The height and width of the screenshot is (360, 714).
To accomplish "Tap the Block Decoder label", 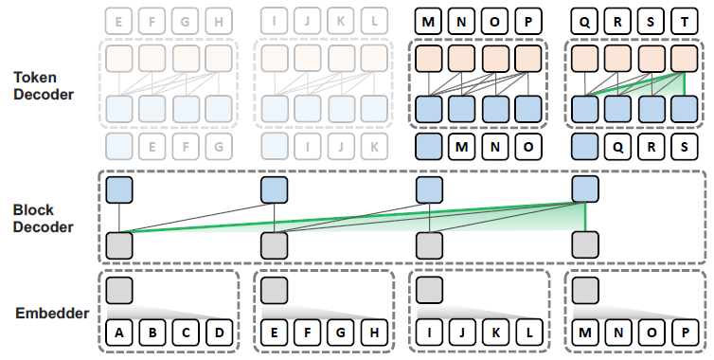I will (44, 219).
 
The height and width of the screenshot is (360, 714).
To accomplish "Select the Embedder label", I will (53, 312).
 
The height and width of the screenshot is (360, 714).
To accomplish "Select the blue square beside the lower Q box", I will (585, 146).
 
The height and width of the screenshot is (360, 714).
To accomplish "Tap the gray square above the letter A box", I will (119, 289).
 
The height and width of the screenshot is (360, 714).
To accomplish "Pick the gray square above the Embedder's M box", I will (585, 289).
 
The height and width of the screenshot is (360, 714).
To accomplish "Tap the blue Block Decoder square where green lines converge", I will (585, 189).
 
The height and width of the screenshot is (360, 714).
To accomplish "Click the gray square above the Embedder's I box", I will (429, 289).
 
